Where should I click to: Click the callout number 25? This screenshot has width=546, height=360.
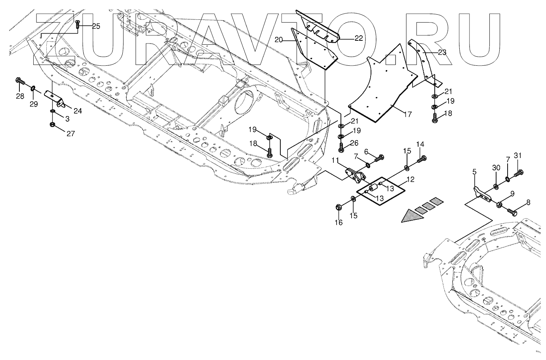(x=96, y=26)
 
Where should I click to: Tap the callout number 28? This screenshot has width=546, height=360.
(x=20, y=96)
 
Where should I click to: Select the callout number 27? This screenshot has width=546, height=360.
(x=71, y=133)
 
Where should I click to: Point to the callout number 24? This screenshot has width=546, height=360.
(x=78, y=111)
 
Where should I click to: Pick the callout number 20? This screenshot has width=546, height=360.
(x=279, y=40)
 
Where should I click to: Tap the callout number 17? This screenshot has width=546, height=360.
(x=407, y=114)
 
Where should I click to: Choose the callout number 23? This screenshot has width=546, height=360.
(x=442, y=52)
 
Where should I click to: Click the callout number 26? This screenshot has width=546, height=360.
(x=354, y=143)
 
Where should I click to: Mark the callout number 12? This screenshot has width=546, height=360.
(x=411, y=179)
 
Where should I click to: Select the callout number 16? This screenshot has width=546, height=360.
(x=339, y=223)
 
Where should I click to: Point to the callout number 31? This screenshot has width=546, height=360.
(x=518, y=156)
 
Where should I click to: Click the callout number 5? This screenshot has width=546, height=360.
(x=474, y=172)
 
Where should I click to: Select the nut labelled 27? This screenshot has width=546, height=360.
(x=52, y=125)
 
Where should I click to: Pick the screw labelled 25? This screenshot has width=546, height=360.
(x=78, y=25)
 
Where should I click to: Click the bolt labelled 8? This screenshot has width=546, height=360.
(x=512, y=211)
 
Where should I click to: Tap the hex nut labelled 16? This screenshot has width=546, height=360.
(x=338, y=207)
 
